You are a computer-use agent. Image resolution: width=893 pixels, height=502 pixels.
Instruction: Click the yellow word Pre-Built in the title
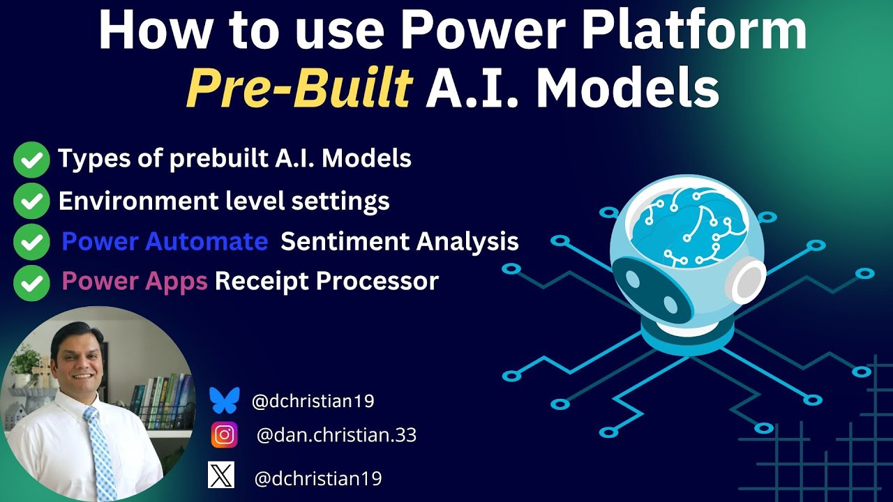299,90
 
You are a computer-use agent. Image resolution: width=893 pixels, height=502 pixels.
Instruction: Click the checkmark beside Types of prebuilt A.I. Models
31,160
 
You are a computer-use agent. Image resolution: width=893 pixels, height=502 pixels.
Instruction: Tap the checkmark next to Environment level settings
31,202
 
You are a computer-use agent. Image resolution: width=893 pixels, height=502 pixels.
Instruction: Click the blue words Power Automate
165,242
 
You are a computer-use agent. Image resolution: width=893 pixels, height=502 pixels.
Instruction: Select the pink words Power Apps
134,281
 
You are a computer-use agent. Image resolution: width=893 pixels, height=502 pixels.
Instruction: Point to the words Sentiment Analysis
399,242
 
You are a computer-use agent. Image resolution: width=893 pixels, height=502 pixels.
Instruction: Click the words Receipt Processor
327,281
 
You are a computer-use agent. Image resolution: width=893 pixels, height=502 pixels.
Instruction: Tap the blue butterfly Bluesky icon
224,401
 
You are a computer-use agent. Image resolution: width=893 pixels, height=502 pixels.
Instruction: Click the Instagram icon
224,436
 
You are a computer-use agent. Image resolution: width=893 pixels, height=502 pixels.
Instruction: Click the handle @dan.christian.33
336,436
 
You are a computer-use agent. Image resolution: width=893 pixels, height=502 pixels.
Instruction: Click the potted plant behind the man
26,363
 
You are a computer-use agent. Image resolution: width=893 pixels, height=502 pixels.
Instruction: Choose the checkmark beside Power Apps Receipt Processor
31,282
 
